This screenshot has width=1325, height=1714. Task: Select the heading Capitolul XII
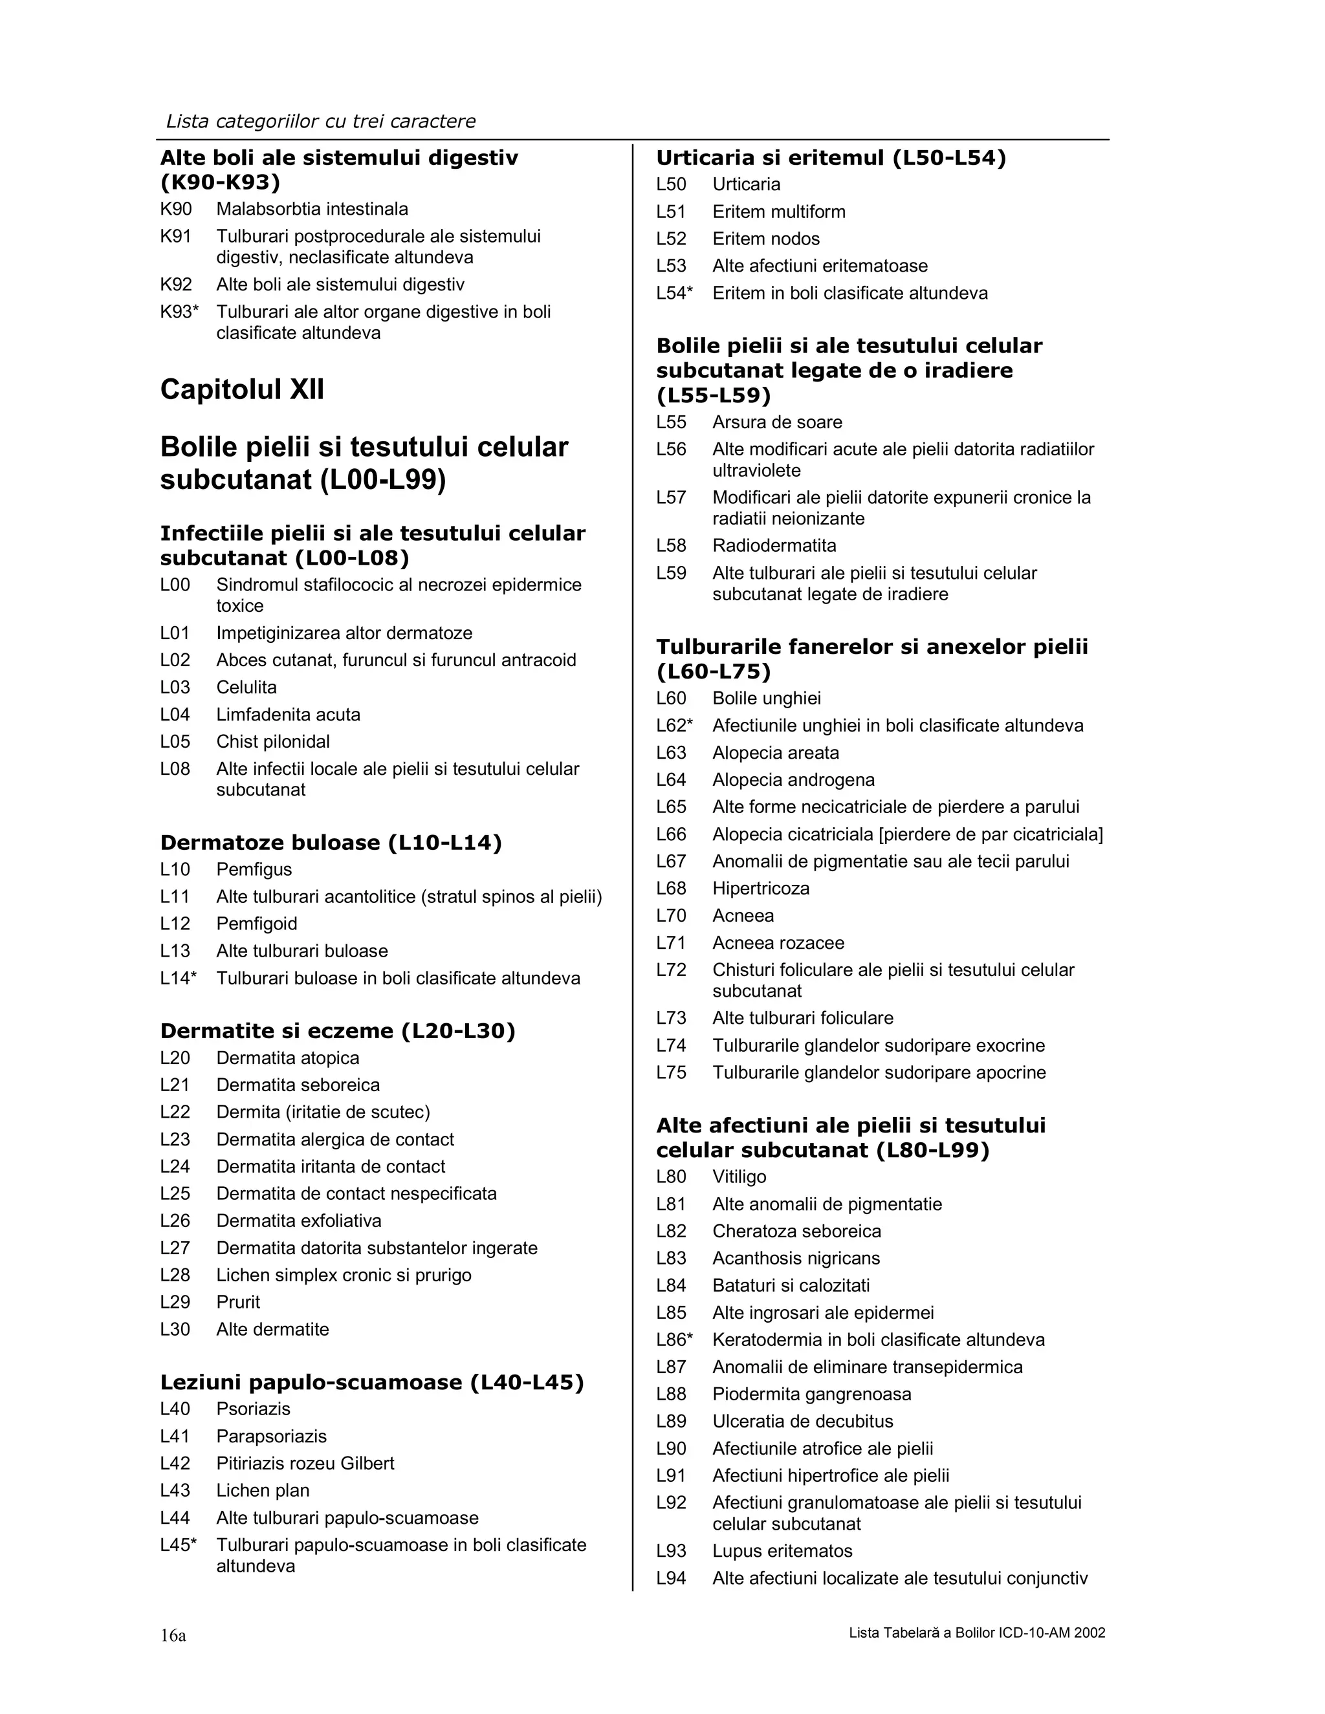(242, 390)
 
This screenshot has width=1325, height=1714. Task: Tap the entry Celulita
(246, 688)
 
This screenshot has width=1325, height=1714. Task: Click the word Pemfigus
(254, 869)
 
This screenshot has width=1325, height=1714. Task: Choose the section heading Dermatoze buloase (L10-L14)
(331, 843)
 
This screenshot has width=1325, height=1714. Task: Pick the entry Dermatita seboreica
(298, 1085)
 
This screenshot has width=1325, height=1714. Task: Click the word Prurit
(238, 1302)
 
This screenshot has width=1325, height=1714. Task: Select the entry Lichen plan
(262, 1490)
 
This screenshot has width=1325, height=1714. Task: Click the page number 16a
(173, 1636)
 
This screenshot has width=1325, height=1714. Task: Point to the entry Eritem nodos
(765, 239)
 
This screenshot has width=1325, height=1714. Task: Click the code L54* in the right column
(673, 294)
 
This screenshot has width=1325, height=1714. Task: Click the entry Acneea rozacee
(778, 942)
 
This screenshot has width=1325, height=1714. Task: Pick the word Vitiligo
(739, 1177)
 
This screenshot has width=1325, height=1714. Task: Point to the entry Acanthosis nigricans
(796, 1259)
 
